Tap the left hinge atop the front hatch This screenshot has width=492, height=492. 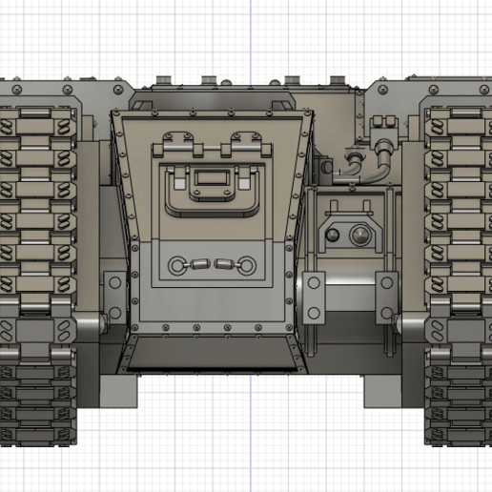click(x=177, y=147)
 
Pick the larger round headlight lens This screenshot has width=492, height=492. click(x=360, y=235)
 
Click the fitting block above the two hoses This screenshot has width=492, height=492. click(x=384, y=125)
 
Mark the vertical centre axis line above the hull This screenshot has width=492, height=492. click(x=250, y=38)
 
